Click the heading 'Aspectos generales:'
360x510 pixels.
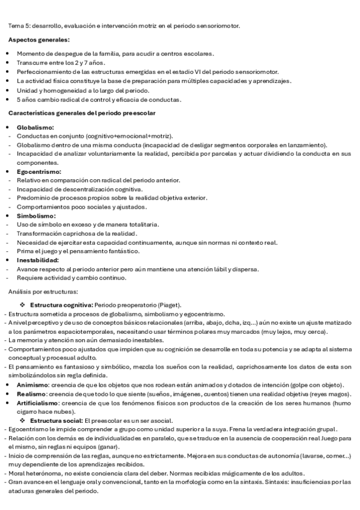pos(38,40)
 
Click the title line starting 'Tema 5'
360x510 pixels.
pos(124,26)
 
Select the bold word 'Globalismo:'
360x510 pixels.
pos(35,127)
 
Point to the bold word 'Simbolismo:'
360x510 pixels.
pos(36,215)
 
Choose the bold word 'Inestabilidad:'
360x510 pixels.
pos(38,260)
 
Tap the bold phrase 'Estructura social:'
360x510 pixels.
pos(57,403)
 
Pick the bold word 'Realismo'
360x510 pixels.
pos(31,394)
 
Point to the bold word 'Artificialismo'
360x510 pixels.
pos(38,402)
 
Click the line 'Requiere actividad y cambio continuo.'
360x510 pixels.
pos(71,277)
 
